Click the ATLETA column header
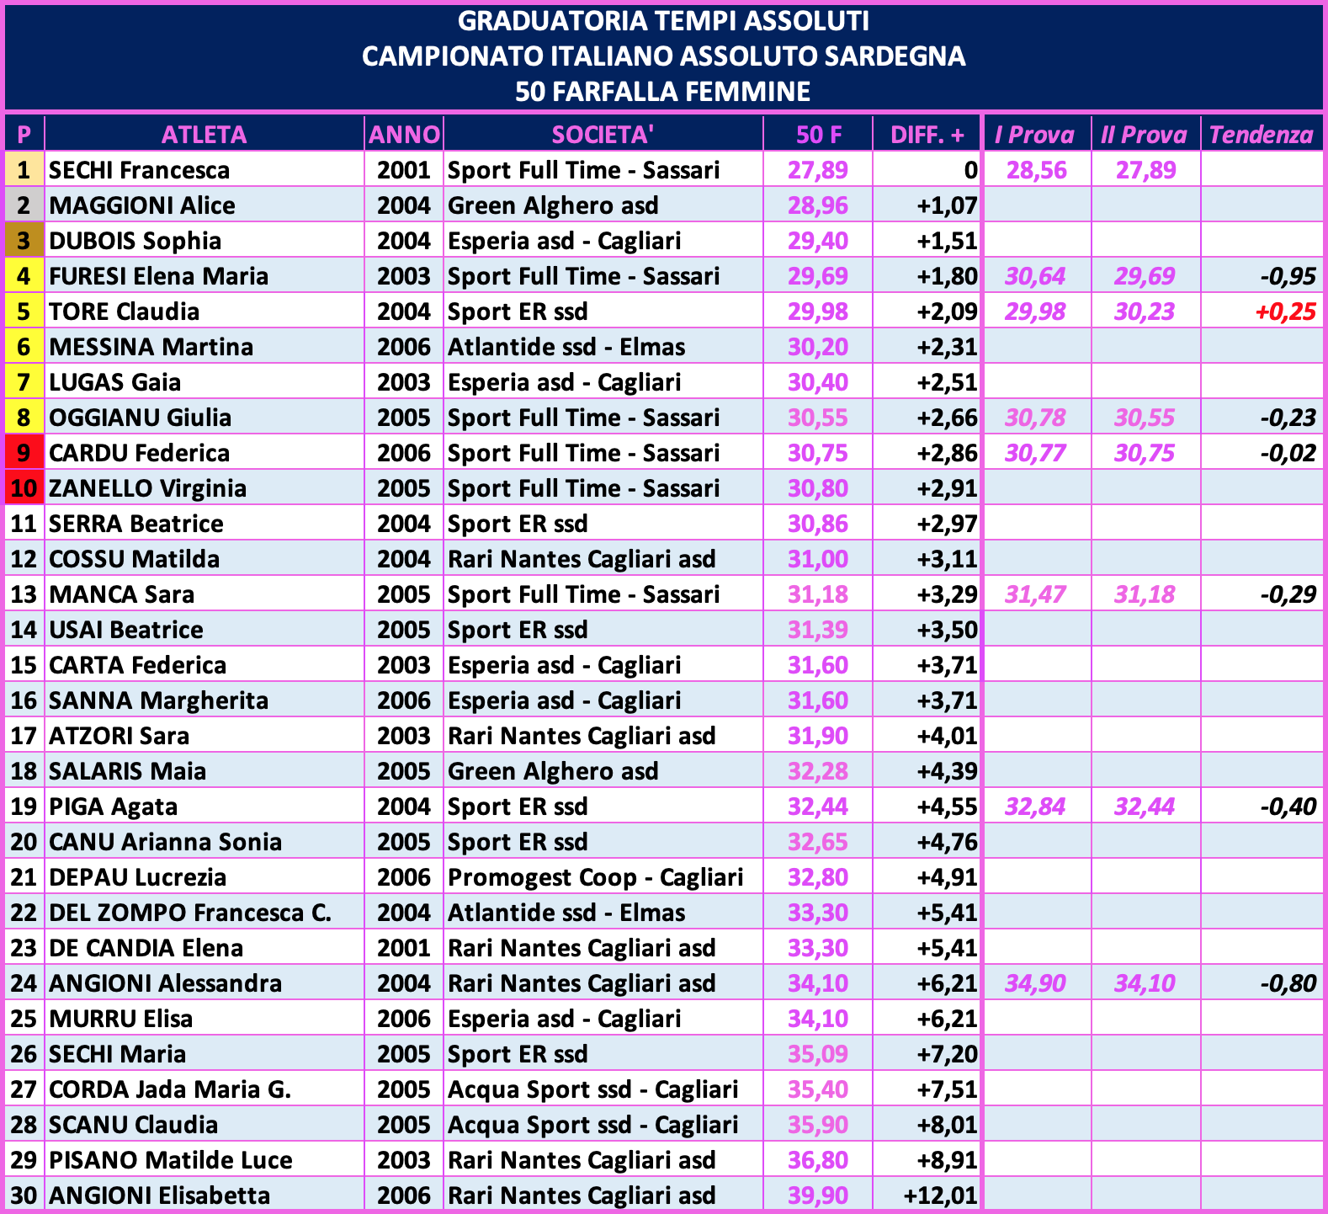(x=204, y=135)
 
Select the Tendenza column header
(x=1261, y=135)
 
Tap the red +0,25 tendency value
(x=1285, y=311)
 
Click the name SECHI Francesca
(x=139, y=170)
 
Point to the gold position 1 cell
(x=24, y=170)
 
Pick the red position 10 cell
(x=24, y=488)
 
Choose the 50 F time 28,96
(x=817, y=205)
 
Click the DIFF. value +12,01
(x=939, y=1195)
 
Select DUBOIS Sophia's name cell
(x=135, y=241)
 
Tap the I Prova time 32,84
(x=1035, y=807)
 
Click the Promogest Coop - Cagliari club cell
(x=595, y=877)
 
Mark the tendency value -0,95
(x=1288, y=276)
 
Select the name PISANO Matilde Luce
(x=170, y=1160)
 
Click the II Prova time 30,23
(x=1145, y=311)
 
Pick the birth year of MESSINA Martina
(x=403, y=347)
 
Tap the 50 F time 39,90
(x=817, y=1195)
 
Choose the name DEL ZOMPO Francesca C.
(x=189, y=913)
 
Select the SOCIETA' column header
(x=603, y=135)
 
